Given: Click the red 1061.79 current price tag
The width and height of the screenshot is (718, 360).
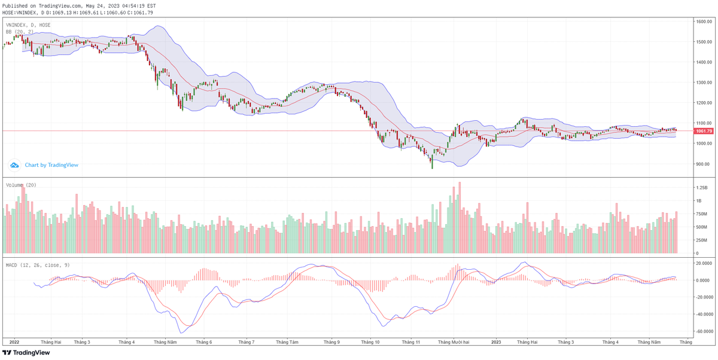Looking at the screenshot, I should click(703, 131).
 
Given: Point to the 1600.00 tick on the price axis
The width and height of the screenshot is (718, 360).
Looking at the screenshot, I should click(703, 22).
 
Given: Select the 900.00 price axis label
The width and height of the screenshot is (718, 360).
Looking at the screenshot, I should click(702, 164).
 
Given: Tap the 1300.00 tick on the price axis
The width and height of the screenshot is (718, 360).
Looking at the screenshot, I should click(703, 83).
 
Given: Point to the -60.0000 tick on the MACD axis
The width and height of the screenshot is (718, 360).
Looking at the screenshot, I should click(703, 331).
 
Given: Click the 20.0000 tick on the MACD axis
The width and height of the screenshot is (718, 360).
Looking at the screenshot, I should click(703, 263).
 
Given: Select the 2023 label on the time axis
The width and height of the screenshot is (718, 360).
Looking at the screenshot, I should click(496, 342).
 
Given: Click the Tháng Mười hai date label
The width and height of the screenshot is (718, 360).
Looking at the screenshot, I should click(454, 342).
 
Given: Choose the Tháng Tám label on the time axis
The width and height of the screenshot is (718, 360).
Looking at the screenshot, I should click(287, 342).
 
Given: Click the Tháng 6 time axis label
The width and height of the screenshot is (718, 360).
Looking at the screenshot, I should click(204, 342).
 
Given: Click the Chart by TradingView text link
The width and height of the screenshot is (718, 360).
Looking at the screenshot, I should click(51, 165).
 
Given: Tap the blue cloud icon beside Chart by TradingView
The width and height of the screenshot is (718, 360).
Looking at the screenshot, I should click(14, 165).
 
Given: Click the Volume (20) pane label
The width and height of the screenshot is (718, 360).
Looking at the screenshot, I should click(21, 185).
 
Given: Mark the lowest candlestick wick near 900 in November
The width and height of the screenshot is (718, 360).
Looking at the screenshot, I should click(432, 167).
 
